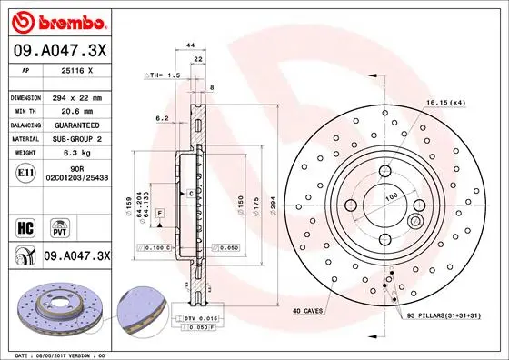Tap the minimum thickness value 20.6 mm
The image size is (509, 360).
[77, 110]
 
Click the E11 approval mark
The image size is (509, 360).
[26, 172]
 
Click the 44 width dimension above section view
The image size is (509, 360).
[191, 45]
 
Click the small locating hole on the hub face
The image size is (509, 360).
[415, 222]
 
